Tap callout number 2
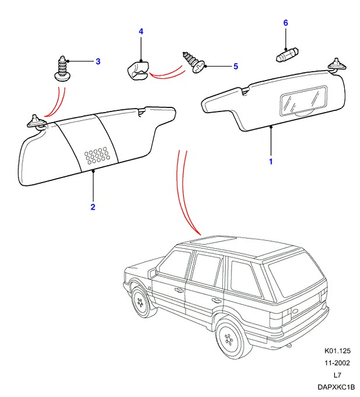(x=93, y=207)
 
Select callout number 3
(x=97, y=61)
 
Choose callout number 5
(x=236, y=67)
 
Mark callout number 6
(x=285, y=23)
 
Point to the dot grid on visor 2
(x=97, y=155)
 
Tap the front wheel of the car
(x=140, y=302)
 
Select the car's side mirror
(x=153, y=273)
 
